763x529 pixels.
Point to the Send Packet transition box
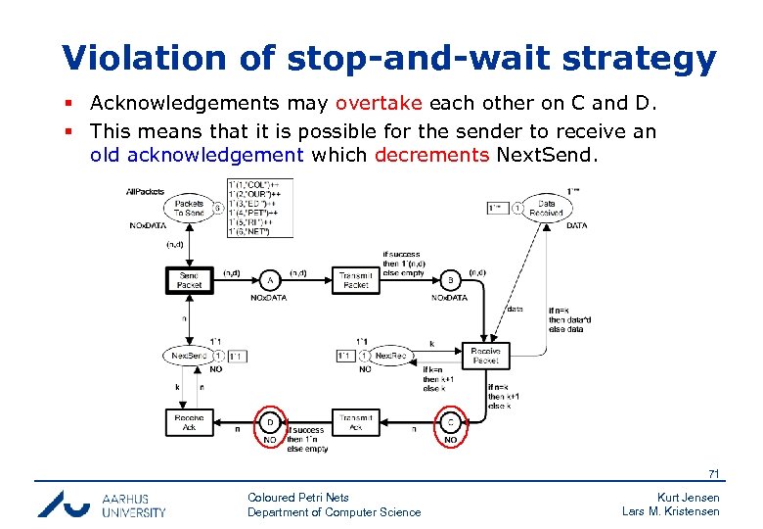[189, 279]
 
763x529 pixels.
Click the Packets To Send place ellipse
[189, 208]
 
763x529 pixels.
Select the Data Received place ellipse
[546, 208]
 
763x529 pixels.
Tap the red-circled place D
[270, 422]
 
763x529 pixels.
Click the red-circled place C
[451, 422]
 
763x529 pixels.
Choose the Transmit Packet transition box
[356, 279]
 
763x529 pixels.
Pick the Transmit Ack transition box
[356, 422]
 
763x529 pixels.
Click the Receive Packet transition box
[485, 355]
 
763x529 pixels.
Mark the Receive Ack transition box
[189, 422]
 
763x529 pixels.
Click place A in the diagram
[270, 279]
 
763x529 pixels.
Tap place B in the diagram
[451, 279]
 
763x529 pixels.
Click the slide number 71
[713, 474]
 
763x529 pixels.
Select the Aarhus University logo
[102, 504]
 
